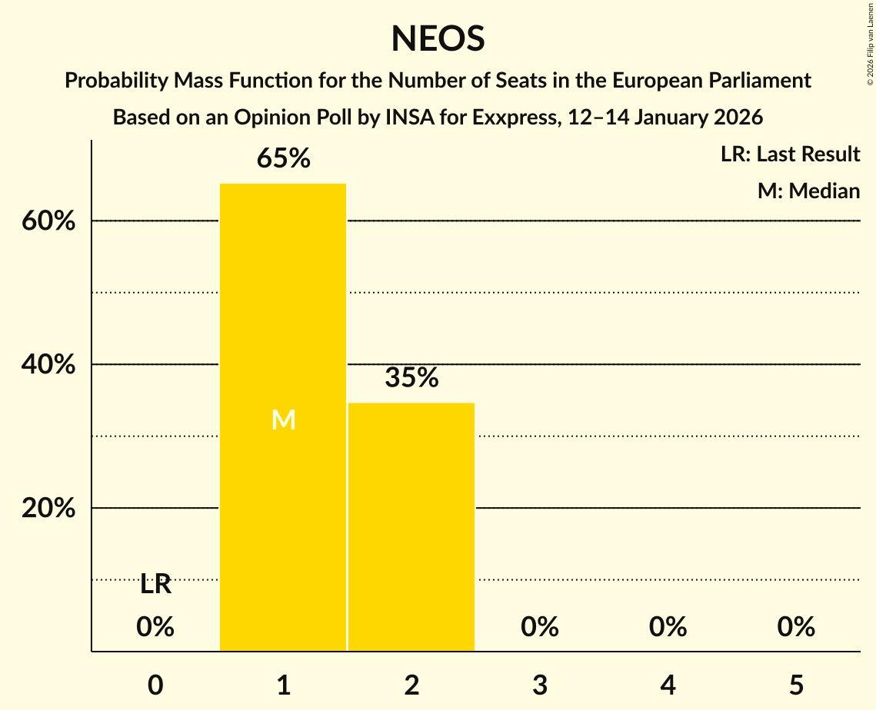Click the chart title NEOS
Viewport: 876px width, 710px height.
click(x=438, y=38)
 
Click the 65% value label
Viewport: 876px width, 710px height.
click(x=283, y=159)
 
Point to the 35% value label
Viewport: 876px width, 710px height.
click(x=411, y=377)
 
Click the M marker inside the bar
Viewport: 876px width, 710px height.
click(x=284, y=420)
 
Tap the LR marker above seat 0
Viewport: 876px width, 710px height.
click(x=155, y=585)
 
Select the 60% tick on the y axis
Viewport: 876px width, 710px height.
click(x=48, y=221)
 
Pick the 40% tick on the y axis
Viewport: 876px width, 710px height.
click(x=48, y=365)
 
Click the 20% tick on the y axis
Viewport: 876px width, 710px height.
click(x=48, y=509)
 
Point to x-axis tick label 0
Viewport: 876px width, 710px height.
click(x=155, y=685)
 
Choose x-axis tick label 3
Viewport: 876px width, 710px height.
click(x=540, y=685)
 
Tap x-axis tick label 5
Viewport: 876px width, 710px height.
click(x=796, y=685)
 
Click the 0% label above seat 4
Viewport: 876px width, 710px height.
click(x=668, y=628)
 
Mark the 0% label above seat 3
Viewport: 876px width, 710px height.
click(x=540, y=628)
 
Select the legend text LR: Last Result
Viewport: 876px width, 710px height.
click(x=790, y=154)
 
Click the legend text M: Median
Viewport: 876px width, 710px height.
click(x=808, y=191)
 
